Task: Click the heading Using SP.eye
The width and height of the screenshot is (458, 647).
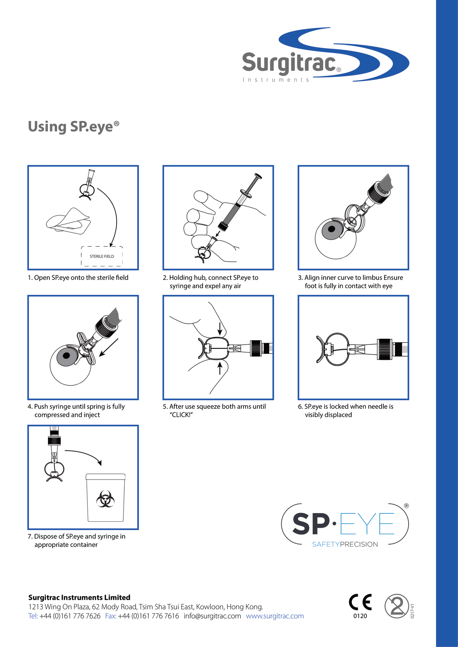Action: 74,127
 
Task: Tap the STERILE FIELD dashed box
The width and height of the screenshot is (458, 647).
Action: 102,256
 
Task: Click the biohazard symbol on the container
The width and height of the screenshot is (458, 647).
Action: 105,499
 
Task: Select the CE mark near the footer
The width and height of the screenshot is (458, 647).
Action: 360,602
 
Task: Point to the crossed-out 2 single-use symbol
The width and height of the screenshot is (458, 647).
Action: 397,606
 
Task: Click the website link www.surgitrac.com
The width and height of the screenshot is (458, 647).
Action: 275,616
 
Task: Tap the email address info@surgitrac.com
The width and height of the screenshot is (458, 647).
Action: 212,616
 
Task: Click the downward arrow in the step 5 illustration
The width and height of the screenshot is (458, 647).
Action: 220,329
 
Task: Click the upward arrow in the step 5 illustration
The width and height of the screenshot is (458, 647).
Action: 220,368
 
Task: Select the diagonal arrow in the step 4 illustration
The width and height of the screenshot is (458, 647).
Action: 108,348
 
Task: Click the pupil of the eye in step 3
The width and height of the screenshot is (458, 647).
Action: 332,229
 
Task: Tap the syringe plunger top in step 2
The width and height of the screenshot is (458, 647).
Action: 258,176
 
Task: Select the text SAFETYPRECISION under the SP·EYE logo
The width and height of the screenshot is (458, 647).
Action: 345,544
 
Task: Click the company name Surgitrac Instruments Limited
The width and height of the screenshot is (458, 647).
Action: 79,597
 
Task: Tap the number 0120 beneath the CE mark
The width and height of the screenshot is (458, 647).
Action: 360,616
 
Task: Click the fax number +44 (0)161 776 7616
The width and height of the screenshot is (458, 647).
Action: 148,616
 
